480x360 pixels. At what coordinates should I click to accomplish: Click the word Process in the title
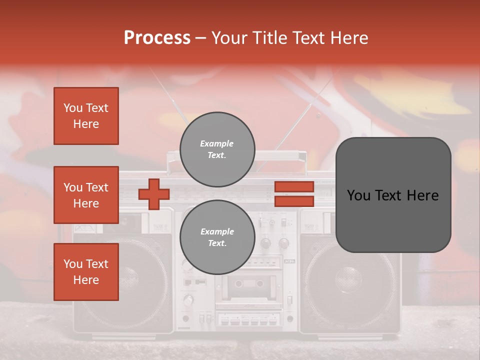tap(157, 38)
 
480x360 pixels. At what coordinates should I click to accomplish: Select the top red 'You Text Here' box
tap(86, 116)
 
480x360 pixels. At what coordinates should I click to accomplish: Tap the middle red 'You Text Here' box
tap(86, 195)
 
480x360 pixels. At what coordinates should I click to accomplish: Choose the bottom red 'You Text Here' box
tap(86, 272)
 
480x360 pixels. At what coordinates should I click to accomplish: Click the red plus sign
tap(154, 194)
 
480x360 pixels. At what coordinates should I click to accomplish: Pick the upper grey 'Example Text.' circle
tap(217, 149)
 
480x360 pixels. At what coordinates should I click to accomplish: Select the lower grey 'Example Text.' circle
tap(217, 237)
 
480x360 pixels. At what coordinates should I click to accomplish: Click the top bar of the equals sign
tap(294, 186)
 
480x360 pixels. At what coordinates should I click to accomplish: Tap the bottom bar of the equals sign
tap(294, 201)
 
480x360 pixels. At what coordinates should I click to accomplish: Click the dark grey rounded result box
tap(393, 195)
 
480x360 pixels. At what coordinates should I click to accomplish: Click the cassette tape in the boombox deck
tap(249, 284)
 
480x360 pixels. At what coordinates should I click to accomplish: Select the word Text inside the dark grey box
tap(392, 195)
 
